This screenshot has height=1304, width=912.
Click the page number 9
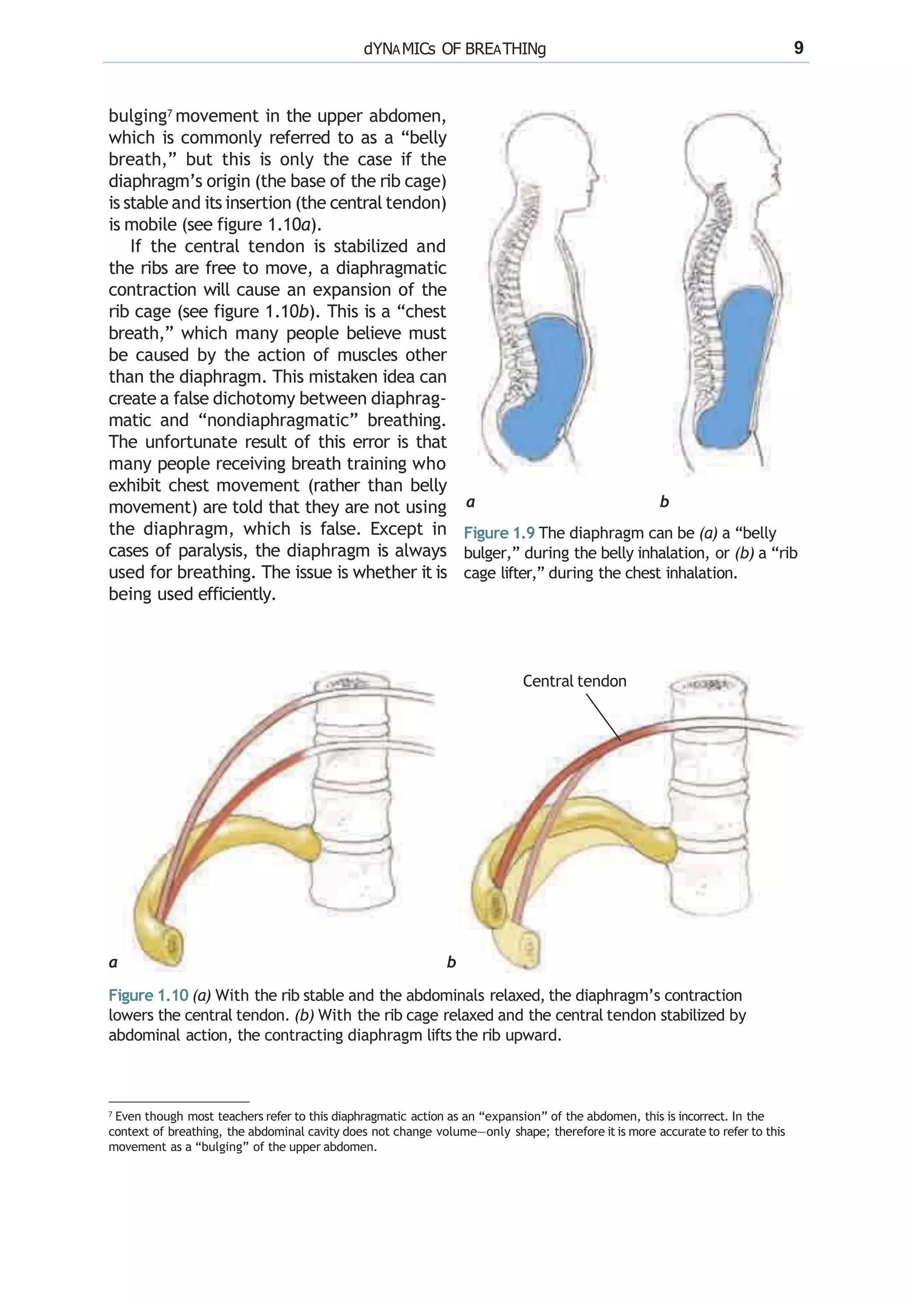click(x=798, y=48)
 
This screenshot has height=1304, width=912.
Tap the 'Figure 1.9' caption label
click(x=499, y=533)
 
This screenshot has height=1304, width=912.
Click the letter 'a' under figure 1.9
click(x=470, y=502)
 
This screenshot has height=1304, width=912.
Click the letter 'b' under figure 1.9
click(x=664, y=501)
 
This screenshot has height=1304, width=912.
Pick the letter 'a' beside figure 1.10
click(x=113, y=962)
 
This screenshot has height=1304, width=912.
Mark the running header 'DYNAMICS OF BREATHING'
click(x=455, y=49)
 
